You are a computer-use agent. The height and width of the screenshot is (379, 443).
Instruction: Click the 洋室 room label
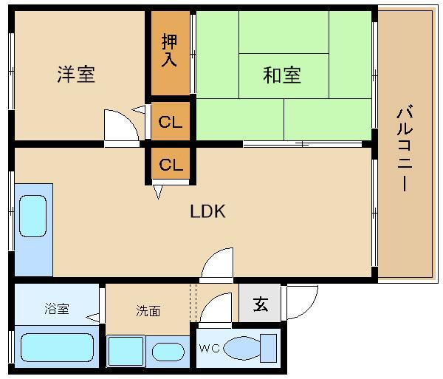(76, 74)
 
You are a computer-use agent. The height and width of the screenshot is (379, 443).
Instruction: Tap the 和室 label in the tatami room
(282, 75)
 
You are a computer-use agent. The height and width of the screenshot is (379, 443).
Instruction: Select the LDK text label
(207, 211)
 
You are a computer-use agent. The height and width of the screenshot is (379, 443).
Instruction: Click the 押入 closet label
(169, 50)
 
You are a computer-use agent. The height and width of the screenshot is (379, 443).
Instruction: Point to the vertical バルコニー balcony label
(405, 148)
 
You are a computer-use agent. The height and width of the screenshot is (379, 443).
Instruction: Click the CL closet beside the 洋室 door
(170, 122)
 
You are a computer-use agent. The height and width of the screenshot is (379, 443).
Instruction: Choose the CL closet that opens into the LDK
(171, 164)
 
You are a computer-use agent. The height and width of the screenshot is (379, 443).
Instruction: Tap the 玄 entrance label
(260, 304)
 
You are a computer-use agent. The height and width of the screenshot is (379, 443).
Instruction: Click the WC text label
(210, 348)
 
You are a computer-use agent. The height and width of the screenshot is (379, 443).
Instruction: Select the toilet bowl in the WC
(241, 348)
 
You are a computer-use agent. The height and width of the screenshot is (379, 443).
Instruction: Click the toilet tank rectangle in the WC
(268, 348)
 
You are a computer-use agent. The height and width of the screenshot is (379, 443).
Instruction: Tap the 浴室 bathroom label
(57, 309)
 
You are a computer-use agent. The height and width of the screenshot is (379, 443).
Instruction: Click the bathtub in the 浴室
(57, 347)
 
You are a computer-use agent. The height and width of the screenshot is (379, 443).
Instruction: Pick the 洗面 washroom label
(148, 311)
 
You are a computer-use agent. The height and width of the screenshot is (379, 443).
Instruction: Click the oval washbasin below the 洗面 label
(168, 352)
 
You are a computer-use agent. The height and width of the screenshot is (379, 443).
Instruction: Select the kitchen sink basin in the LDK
(32, 216)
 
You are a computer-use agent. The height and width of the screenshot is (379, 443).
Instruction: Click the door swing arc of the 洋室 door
(128, 119)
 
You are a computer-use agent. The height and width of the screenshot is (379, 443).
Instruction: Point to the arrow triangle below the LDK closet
(158, 191)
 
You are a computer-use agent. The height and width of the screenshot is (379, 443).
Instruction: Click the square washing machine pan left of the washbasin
(126, 351)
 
